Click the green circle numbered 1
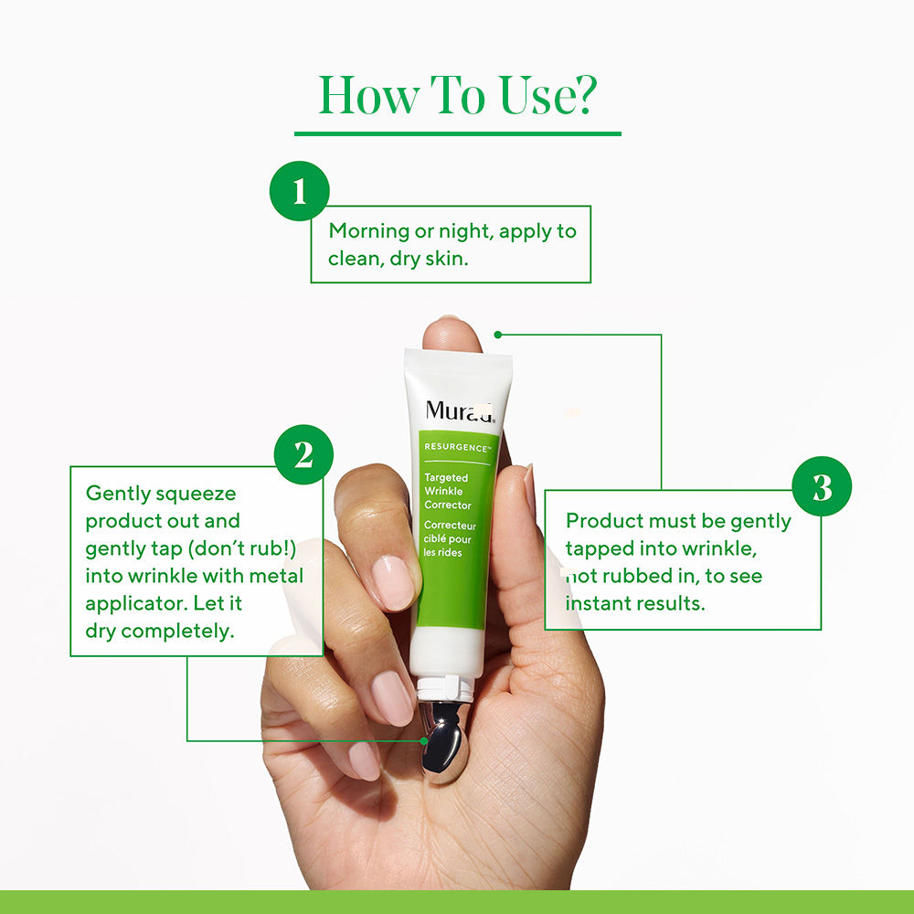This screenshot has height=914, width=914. pyautogui.click(x=300, y=191)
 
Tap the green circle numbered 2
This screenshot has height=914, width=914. pyautogui.click(x=303, y=454)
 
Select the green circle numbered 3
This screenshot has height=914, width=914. pyautogui.click(x=822, y=486)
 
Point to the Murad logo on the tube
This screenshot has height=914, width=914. pyautogui.click(x=460, y=411)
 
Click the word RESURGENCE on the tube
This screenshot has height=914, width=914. pyautogui.click(x=456, y=447)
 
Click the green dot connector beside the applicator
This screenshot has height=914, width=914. pyautogui.click(x=424, y=741)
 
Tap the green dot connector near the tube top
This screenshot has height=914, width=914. pyautogui.click(x=498, y=335)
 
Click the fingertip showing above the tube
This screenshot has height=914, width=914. pyautogui.click(x=452, y=334)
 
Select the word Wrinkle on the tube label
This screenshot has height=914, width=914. pyautogui.click(x=443, y=492)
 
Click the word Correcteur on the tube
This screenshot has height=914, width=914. pyautogui.click(x=450, y=526)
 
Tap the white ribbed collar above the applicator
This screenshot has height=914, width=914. pyautogui.click(x=446, y=688)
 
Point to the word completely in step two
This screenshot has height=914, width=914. pyautogui.click(x=178, y=632)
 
